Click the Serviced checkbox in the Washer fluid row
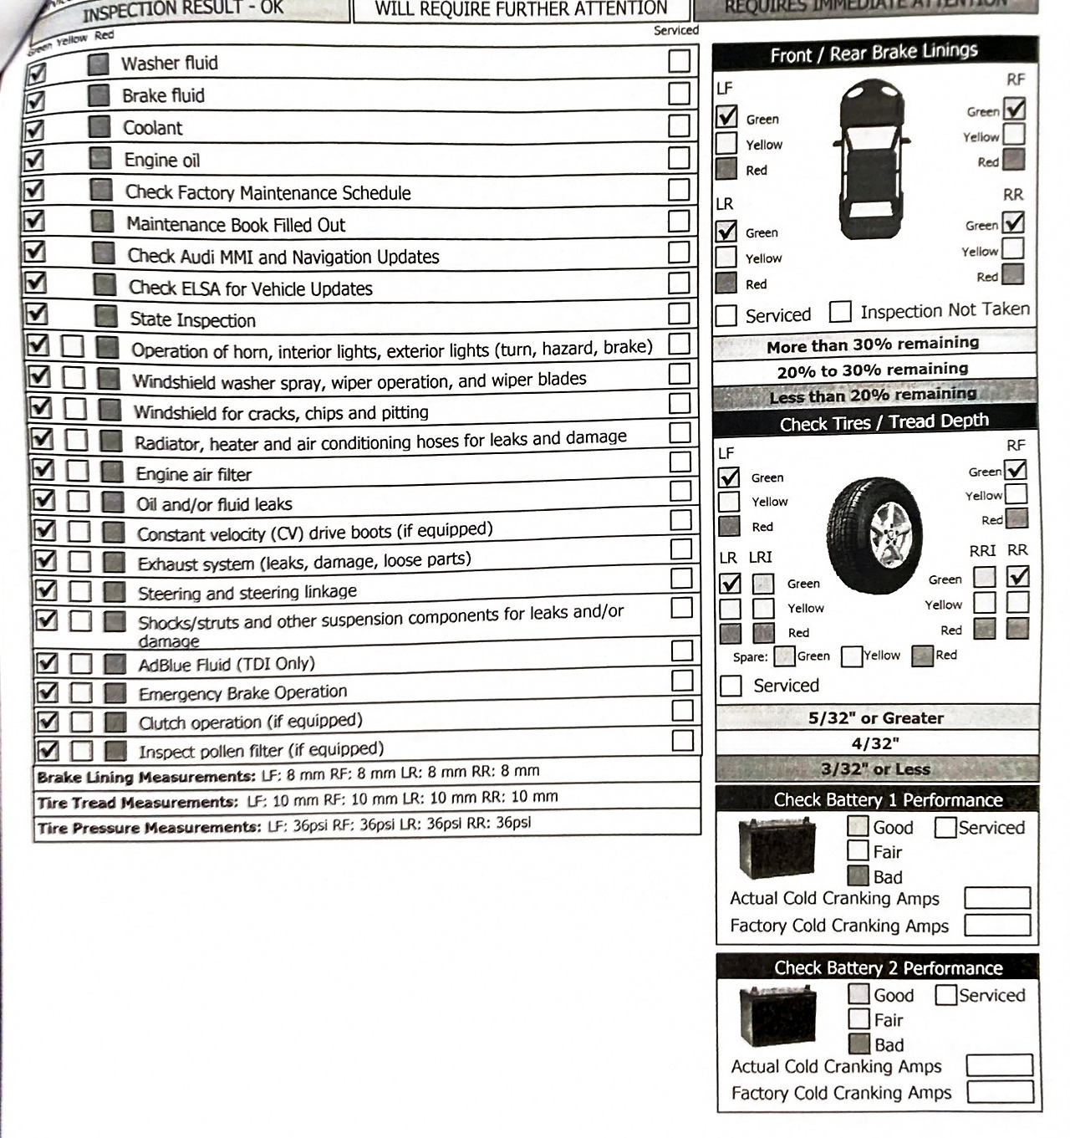coord(680,61)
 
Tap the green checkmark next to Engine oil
coord(34,159)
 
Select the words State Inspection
coord(193,320)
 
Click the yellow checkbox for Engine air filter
coord(77,471)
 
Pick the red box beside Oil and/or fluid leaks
coord(113,502)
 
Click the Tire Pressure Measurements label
coord(150,828)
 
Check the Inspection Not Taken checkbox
coord(840,312)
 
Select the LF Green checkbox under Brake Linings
coord(727,116)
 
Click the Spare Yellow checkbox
coord(852,656)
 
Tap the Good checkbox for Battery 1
coord(858,826)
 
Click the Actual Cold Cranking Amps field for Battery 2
coord(999,1065)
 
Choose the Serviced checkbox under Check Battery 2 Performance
coord(945,995)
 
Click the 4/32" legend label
coord(875,743)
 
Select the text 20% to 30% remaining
coord(873,370)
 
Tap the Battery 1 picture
coord(777,849)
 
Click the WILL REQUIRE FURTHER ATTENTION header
coord(522,9)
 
